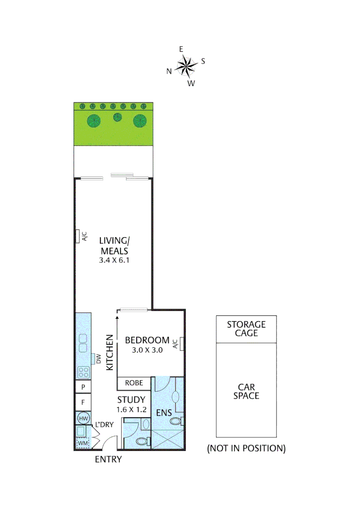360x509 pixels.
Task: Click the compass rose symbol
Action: (x=186, y=66)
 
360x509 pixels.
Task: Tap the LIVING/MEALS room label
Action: (x=114, y=245)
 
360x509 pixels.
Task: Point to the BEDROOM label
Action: (x=147, y=340)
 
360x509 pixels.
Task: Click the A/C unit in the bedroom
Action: (x=180, y=344)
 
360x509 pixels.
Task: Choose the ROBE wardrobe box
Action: (x=134, y=383)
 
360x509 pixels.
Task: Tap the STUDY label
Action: (x=131, y=400)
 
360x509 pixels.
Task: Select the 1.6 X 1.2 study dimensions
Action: (x=131, y=410)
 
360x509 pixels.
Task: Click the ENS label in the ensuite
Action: (x=164, y=413)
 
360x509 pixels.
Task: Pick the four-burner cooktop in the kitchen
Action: (x=83, y=372)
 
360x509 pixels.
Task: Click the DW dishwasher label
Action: (x=98, y=359)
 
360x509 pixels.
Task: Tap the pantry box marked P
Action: (x=83, y=387)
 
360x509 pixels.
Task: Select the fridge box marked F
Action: (x=83, y=403)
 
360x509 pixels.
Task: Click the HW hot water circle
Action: (x=83, y=418)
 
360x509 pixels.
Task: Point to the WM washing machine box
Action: (x=83, y=443)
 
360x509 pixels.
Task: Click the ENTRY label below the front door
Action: (x=108, y=460)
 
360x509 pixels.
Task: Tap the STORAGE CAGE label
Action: (x=246, y=328)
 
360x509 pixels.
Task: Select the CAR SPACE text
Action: (x=246, y=391)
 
